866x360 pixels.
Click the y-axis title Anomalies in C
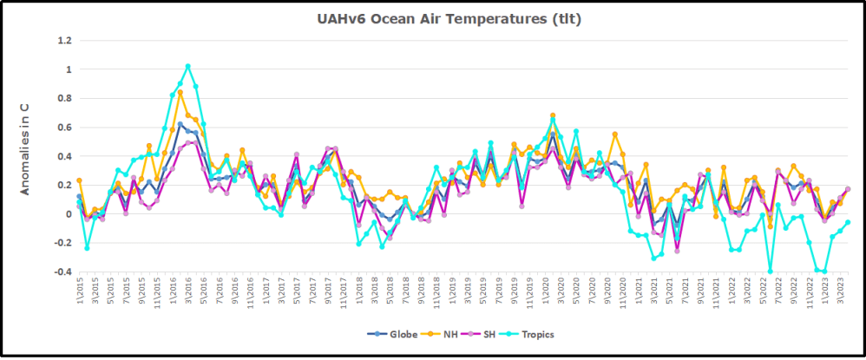tap(26, 148)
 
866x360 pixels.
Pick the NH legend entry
tap(443, 333)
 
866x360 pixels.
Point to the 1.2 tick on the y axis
tap(63, 40)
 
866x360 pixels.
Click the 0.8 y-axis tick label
tap(63, 98)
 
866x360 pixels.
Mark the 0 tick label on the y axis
tap(67, 214)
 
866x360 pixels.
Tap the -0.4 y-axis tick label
tap(62, 272)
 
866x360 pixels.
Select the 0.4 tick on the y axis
tap(63, 156)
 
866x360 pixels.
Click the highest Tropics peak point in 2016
tap(188, 66)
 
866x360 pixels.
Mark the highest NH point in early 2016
tap(180, 92)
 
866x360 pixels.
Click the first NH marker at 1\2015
tap(79, 180)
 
